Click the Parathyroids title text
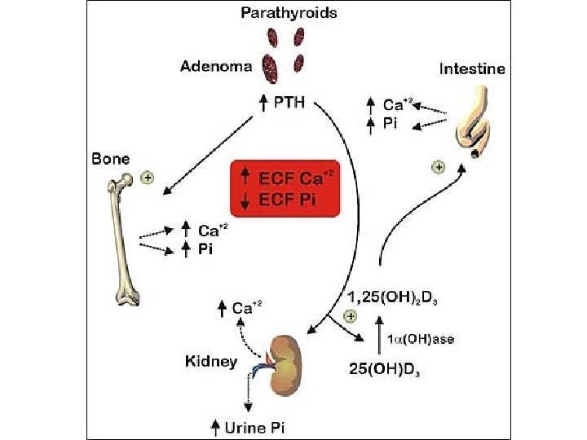coord(289,14)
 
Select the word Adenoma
coord(215,67)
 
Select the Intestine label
coord(472,69)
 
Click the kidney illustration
coord(287,358)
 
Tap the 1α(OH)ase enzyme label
coord(420,340)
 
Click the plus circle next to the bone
coord(148,177)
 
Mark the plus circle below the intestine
coord(439,166)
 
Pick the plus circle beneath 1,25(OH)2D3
coord(351,315)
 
